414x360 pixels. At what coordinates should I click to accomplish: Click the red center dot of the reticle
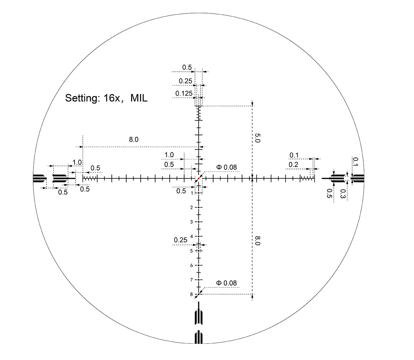(x=198, y=178)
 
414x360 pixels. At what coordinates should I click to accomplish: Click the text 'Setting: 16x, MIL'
(x=106, y=98)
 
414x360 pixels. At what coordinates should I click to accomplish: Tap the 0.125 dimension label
(x=184, y=93)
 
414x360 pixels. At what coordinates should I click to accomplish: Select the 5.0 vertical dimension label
(x=257, y=138)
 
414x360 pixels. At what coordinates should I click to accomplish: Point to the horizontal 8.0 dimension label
(x=134, y=139)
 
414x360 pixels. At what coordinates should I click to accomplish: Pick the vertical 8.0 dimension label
(x=257, y=240)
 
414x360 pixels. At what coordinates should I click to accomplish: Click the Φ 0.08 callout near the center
(x=226, y=167)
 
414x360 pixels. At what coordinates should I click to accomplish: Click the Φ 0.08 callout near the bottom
(x=226, y=283)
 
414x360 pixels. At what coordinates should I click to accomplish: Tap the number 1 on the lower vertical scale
(x=192, y=193)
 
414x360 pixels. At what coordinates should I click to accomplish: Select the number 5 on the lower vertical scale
(x=191, y=251)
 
